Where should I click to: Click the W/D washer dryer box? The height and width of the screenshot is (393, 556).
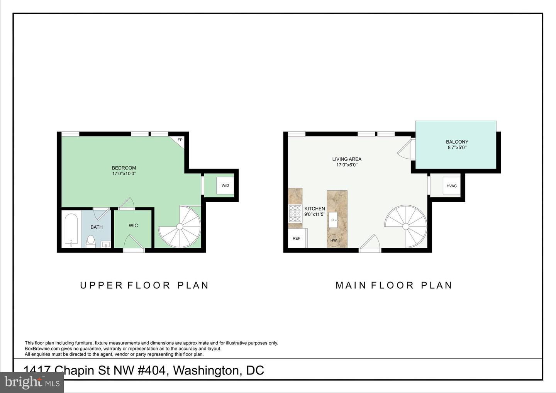[x=225, y=185]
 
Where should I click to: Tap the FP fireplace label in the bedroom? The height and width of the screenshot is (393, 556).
[x=180, y=140]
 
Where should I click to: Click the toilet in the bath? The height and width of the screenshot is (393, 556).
[x=91, y=241]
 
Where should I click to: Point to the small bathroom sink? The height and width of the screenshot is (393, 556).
[x=106, y=244]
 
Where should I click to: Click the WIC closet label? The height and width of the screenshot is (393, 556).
[x=133, y=225]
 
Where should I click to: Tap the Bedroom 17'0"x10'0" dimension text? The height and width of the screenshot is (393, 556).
[x=124, y=174]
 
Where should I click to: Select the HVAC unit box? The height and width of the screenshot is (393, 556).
[x=451, y=186]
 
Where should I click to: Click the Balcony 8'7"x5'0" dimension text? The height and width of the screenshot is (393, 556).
[x=457, y=147]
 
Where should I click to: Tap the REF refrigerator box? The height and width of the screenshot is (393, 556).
[x=297, y=238]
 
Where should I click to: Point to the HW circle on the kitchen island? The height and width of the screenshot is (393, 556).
[x=334, y=241]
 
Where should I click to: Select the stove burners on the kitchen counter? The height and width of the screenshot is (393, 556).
[x=295, y=213]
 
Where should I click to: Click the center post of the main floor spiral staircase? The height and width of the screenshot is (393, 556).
[x=405, y=226]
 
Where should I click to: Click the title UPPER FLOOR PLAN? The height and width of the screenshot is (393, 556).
[x=144, y=285]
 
